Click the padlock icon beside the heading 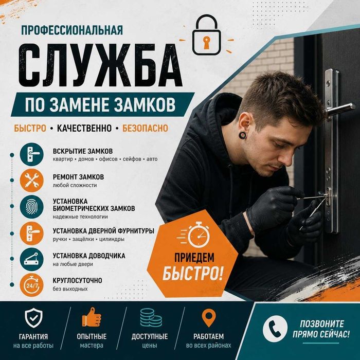tap(206, 35)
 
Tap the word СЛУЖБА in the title tap(100, 65)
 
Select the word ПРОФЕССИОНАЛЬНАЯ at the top tap(72, 30)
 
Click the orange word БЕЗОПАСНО tap(145, 128)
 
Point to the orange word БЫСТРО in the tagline tap(30, 128)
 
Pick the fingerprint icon tap(31, 207)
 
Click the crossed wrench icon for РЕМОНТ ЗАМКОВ tap(31, 181)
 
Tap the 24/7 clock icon tap(31, 285)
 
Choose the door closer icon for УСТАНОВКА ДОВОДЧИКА tap(31, 259)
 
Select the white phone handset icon tap(275, 329)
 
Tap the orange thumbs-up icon tap(92, 317)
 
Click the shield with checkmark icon tap(33, 318)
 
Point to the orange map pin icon tap(209, 318)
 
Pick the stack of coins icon tap(151, 317)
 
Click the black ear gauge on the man tap(242, 135)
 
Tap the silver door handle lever tap(340, 110)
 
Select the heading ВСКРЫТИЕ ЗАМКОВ tap(83, 151)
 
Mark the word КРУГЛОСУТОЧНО tap(77, 280)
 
